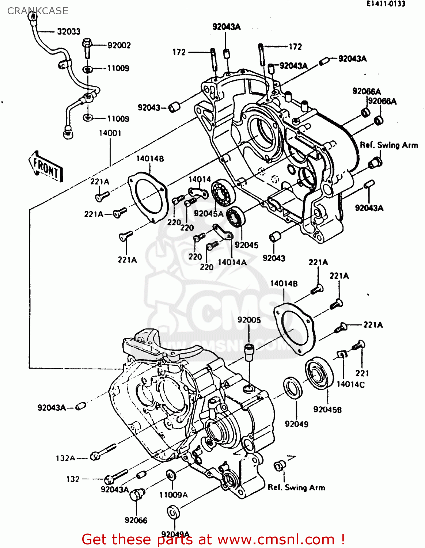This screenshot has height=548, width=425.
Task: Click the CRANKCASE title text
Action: pyautogui.click(x=38, y=11)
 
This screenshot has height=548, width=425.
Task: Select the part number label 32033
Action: pyautogui.click(x=68, y=32)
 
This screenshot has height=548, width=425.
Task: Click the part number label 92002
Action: pyautogui.click(x=119, y=45)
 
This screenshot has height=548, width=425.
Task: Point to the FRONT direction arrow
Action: pyautogui.click(x=46, y=167)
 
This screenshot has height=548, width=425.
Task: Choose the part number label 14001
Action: pyautogui.click(x=110, y=133)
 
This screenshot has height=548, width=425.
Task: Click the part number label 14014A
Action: pyautogui.click(x=232, y=262)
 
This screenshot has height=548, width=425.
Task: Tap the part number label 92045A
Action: pyautogui.click(x=208, y=214)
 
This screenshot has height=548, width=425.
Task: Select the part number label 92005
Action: pyautogui.click(x=249, y=320)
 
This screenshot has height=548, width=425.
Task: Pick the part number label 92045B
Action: pyautogui.click(x=327, y=410)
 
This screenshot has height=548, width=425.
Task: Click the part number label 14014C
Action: pyautogui.click(x=350, y=384)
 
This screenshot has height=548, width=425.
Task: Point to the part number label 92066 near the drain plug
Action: pyautogui.click(x=136, y=520)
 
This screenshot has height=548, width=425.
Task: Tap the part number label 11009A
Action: pyautogui.click(x=173, y=495)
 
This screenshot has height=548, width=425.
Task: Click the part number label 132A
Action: pyautogui.click(x=65, y=458)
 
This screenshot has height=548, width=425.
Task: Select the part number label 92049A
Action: pyautogui.click(x=175, y=534)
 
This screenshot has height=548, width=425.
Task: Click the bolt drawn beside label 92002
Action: pyautogui.click(x=87, y=47)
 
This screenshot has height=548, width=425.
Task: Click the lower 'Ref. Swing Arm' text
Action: pyautogui.click(x=296, y=487)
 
